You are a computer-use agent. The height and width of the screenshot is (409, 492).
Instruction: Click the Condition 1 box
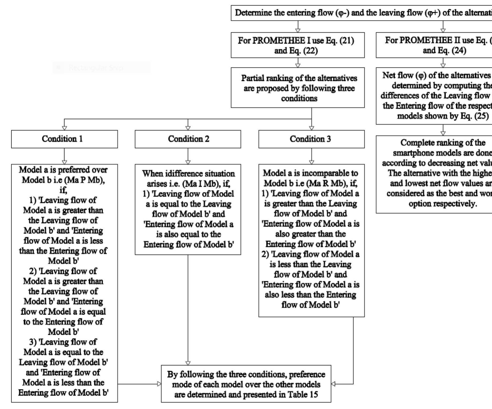coord(64,139)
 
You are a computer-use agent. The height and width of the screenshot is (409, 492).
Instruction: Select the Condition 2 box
coord(188,139)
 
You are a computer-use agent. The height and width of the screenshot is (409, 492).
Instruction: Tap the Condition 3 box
coord(311,139)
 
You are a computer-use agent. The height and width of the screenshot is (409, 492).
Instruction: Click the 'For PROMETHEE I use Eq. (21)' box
coord(298,45)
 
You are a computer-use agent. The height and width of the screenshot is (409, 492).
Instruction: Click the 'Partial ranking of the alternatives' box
coord(298,88)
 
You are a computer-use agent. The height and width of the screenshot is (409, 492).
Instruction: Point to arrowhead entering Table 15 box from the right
coord(333,384)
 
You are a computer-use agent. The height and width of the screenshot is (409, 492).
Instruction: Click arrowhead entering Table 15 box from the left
coord(159,384)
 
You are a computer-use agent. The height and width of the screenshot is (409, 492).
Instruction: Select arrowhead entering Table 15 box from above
coord(188,363)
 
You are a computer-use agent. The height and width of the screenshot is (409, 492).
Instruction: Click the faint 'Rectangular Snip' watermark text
coord(96,68)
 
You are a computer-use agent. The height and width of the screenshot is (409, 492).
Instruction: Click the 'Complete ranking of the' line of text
coord(443,143)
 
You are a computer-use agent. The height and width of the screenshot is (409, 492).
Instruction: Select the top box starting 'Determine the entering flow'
coord(361,13)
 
